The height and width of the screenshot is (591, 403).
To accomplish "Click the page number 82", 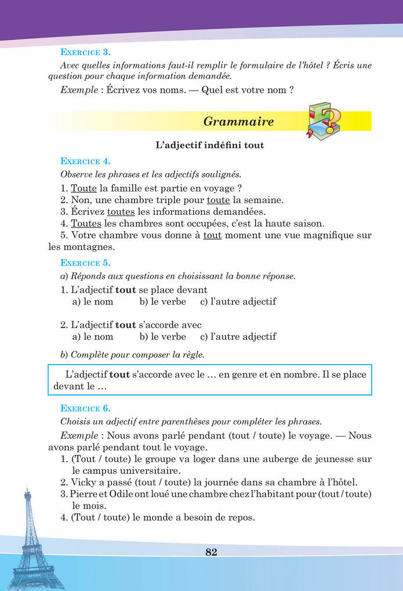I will pyautogui.click(x=211, y=552).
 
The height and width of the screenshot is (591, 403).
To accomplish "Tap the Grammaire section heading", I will pyautogui.click(x=238, y=121).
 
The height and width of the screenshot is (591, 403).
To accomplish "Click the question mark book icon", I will pyautogui.click(x=324, y=121).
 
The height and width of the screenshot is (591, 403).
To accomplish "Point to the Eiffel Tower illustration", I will pyautogui.click(x=28, y=540).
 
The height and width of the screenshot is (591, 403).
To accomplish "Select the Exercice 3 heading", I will pyautogui.click(x=85, y=52).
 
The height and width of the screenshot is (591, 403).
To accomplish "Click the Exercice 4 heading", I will pyautogui.click(x=85, y=161).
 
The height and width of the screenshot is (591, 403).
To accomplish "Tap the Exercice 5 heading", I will pyautogui.click(x=85, y=262).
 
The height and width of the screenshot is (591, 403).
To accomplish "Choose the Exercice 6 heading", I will pyautogui.click(x=85, y=408).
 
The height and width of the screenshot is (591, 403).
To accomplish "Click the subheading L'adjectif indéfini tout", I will pyautogui.click(x=210, y=145).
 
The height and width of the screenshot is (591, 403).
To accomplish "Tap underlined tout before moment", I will pyautogui.click(x=212, y=235).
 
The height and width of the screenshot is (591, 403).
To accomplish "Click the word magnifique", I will pyautogui.click(x=317, y=235).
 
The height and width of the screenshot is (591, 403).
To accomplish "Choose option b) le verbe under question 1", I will pyautogui.click(x=162, y=301).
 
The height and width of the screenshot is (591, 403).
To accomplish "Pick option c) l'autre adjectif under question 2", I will pyautogui.click(x=238, y=337).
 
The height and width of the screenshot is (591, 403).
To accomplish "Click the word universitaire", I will pyautogui.click(x=153, y=470).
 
